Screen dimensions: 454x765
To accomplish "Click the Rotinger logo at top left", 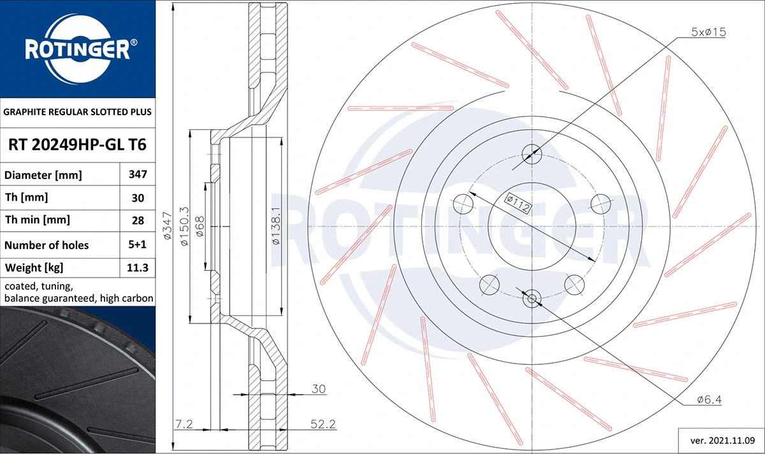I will click(x=78, y=48).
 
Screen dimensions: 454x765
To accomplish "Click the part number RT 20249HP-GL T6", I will click(x=77, y=145).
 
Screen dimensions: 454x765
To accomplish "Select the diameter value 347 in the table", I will click(x=138, y=174).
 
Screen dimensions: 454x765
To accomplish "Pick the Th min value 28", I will click(x=138, y=220).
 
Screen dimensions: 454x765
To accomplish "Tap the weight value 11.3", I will click(x=138, y=267).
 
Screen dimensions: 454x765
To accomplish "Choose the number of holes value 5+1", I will click(x=138, y=245).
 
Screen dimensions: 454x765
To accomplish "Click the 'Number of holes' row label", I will click(x=47, y=245).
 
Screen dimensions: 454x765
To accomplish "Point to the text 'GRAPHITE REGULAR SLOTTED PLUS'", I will click(x=77, y=111).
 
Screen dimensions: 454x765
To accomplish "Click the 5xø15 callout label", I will click(x=709, y=32).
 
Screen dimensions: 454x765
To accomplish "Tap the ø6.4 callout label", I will click(x=709, y=400).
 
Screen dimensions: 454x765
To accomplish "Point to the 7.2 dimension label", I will click(x=184, y=423).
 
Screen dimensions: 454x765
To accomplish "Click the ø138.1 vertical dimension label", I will click(x=275, y=227).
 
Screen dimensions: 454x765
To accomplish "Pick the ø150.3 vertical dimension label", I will click(x=184, y=227).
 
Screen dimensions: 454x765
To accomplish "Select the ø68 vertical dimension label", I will click(x=200, y=227).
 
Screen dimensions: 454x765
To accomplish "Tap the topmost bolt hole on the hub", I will click(x=532, y=153).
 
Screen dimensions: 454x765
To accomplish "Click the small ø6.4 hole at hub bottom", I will click(x=531, y=297).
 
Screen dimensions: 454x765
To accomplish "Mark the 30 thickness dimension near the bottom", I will click(x=319, y=388).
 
